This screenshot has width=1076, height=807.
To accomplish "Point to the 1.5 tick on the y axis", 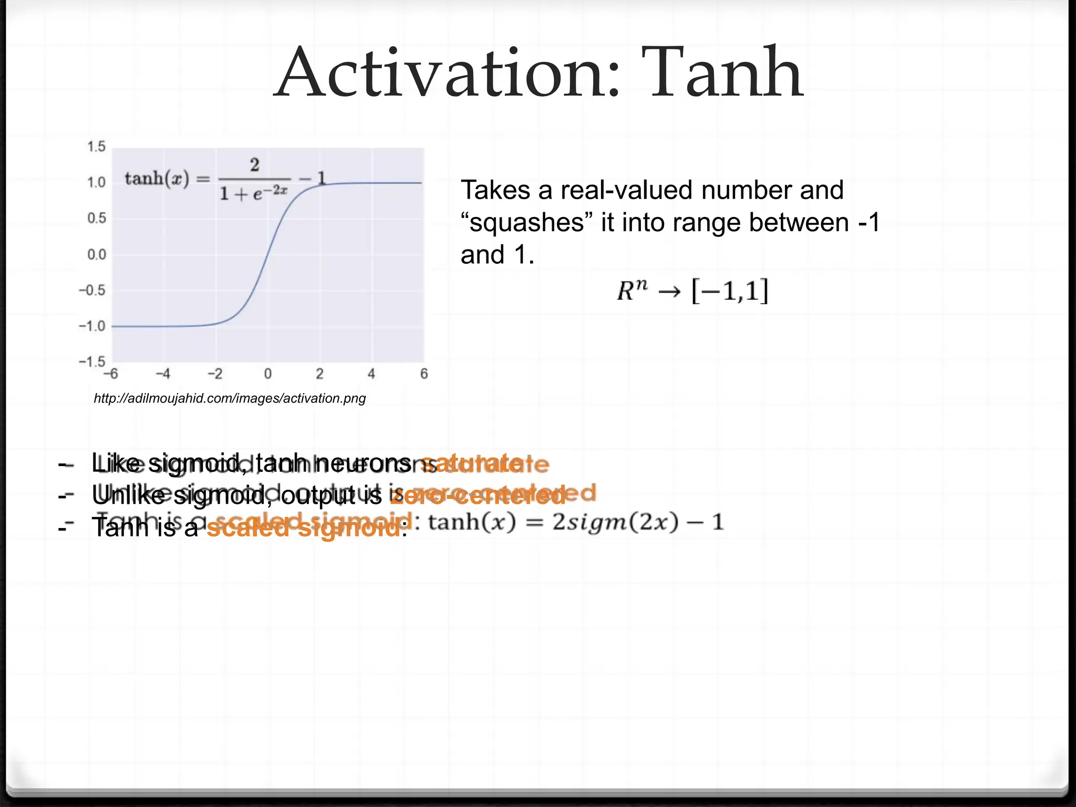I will point(96,147).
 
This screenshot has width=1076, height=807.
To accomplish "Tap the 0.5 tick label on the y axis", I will point(96,218).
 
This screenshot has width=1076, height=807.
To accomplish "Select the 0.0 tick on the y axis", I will point(96,255).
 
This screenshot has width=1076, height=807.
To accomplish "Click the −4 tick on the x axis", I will point(163,374).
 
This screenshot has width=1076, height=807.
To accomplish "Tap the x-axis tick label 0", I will point(268,374).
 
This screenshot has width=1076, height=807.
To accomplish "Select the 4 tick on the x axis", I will point(371,374).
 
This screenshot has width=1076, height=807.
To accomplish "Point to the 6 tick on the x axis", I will point(424,374).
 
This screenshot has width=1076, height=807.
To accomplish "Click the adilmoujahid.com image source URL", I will point(230,398).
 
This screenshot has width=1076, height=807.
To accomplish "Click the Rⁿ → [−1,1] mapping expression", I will point(692,291).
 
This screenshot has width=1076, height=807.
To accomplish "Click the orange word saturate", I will point(483,463).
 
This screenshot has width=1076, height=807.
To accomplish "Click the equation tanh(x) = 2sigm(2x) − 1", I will point(576,523).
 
